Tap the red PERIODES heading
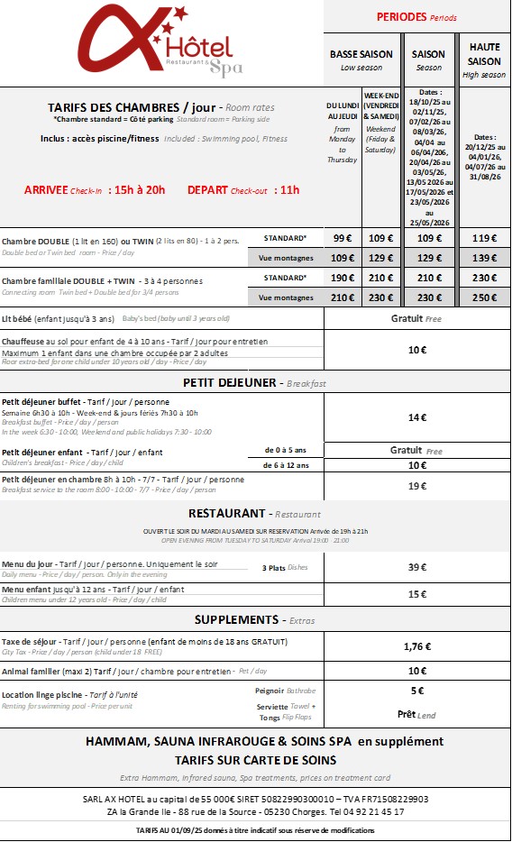pyautogui.click(x=402, y=17)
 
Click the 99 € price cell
pyautogui.click(x=343, y=238)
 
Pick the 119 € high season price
pyautogui.click(x=485, y=238)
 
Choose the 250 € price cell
pyautogui.click(x=485, y=297)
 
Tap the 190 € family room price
pyautogui.click(x=343, y=279)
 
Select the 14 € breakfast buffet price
pyautogui.click(x=416, y=417)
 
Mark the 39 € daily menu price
pyautogui.click(x=416, y=567)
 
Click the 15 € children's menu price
pyautogui.click(x=416, y=594)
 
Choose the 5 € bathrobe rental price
pyautogui.click(x=416, y=691)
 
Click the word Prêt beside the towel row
pyautogui.click(x=407, y=714)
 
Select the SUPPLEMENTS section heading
pyautogui.click(x=236, y=619)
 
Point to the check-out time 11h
pyautogui.click(x=288, y=189)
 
